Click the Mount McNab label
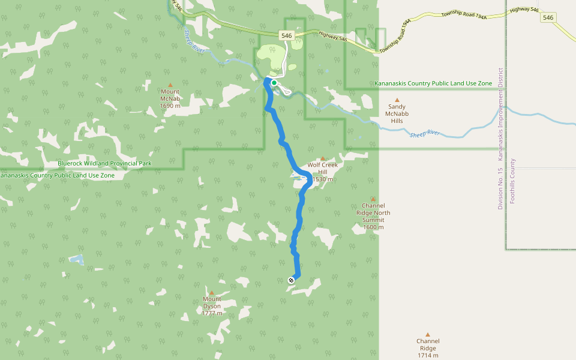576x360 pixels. click(x=170, y=98)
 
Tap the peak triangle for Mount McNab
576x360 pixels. click(x=170, y=85)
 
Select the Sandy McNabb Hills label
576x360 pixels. click(x=397, y=113)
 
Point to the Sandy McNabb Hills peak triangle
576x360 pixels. click(x=397, y=100)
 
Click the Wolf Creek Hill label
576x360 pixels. click(x=323, y=172)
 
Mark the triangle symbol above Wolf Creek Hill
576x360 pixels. click(x=323, y=158)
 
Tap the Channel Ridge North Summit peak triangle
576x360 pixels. click(x=373, y=199)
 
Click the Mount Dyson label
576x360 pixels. click(x=212, y=306)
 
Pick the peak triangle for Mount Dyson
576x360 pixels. click(x=211, y=293)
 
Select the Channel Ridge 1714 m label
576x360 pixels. click(x=428, y=348)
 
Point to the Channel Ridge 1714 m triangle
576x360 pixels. click(x=428, y=335)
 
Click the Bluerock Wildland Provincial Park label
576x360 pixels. click(x=104, y=163)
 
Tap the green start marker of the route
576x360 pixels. click(x=274, y=83)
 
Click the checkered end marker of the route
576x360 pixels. click(x=291, y=280)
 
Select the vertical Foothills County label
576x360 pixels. click(x=512, y=181)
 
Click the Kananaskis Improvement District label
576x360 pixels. click(x=500, y=114)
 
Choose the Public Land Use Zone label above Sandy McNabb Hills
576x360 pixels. click(x=433, y=83)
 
